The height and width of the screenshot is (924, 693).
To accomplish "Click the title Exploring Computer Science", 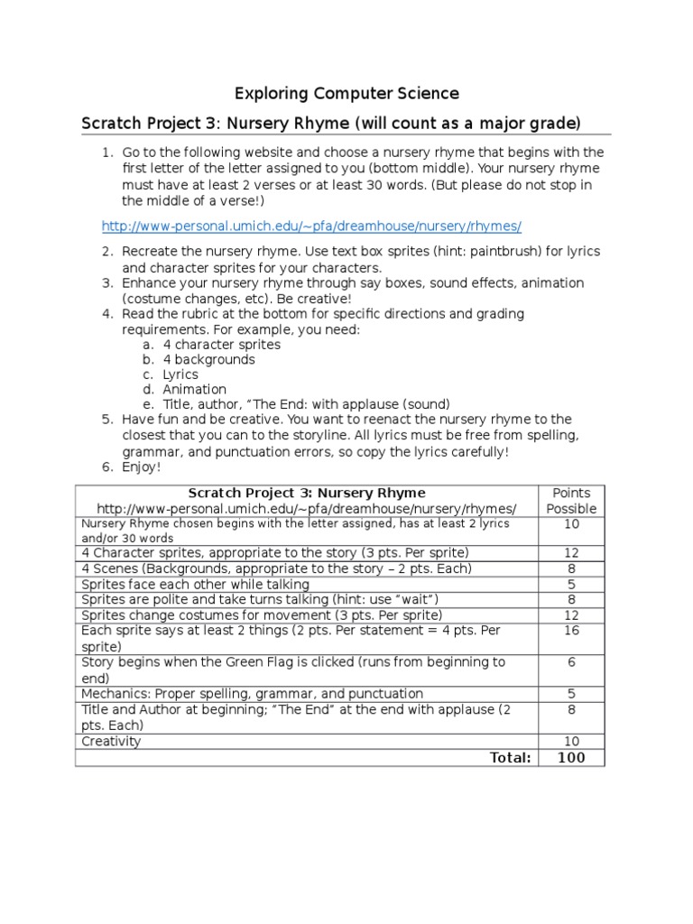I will point(346,93).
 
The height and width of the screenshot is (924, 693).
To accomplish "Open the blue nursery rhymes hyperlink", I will point(311,226).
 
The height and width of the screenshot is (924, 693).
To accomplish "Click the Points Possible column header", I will point(571,501).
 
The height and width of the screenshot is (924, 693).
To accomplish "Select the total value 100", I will point(571,758).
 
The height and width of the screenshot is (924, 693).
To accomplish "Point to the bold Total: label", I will point(510,758).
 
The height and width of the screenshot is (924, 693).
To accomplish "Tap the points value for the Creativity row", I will point(571,742).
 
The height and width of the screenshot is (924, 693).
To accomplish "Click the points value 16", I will point(571,631).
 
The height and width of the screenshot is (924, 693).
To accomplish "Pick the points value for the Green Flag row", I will point(571,661).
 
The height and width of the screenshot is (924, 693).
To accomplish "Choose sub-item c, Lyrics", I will point(180,374).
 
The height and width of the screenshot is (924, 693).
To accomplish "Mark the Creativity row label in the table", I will point(112,742).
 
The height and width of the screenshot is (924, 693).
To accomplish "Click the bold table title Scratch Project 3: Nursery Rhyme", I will point(306,493).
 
